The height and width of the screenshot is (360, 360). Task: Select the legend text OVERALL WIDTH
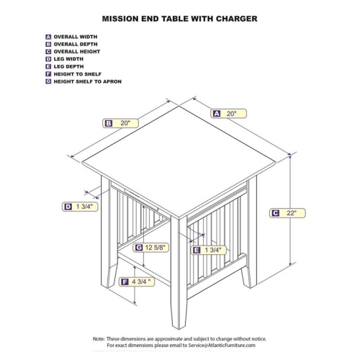pos(76,37)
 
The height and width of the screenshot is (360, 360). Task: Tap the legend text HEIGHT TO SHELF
pos(78,74)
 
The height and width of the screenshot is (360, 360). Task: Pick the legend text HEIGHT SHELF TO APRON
pos(88,81)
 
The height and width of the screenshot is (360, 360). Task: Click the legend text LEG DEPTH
pos(68,67)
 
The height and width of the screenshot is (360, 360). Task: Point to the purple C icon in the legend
pos(48,52)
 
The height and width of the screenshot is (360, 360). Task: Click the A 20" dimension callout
pos(228,114)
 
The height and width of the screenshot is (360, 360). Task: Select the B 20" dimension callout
pos(121,123)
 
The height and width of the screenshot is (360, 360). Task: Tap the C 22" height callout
pos(287,213)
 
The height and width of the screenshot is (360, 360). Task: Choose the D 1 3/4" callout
pos(80,207)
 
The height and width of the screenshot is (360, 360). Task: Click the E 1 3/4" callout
pos(209,250)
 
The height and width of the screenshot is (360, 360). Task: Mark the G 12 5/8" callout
pos(150,248)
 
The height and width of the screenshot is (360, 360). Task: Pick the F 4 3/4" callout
pos(137,282)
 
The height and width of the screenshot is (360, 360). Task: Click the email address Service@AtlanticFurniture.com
pos(222,346)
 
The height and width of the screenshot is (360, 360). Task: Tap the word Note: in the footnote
pos(99,339)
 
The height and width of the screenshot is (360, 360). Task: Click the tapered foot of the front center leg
pos(179,315)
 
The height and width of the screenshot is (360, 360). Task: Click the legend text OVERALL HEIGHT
pos(77,52)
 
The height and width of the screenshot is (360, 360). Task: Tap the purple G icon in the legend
pos(48,81)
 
